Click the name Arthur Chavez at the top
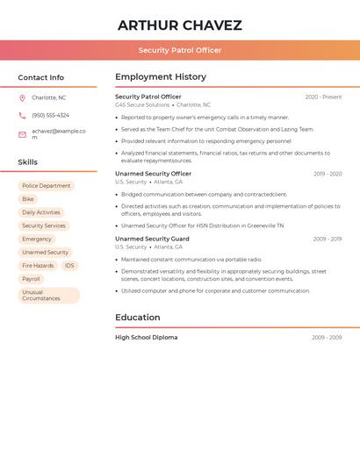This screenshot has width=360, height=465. [x=179, y=25]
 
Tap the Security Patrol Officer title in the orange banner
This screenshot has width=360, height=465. [x=179, y=50]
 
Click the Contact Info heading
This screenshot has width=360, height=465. [x=40, y=77]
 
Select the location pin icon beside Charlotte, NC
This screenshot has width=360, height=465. [x=22, y=98]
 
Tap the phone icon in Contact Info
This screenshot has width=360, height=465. [x=22, y=115]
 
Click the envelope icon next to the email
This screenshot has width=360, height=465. [x=22, y=134]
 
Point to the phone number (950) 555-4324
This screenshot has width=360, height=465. [x=50, y=115]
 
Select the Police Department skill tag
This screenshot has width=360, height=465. [x=46, y=186]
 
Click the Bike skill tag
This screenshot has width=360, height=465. [x=28, y=199]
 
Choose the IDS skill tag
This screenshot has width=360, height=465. [x=69, y=265]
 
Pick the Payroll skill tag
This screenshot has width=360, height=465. [x=31, y=279]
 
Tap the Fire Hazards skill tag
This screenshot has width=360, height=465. [x=38, y=265]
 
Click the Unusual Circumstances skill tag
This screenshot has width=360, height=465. [x=48, y=296]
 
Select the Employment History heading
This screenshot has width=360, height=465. [x=161, y=77]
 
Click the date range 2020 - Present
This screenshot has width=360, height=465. [x=323, y=97]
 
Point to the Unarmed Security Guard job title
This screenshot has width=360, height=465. [x=152, y=239]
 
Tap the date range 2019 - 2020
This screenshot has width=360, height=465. [x=328, y=174]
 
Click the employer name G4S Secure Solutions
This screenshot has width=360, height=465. [x=142, y=105]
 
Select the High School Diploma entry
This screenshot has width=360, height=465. [x=146, y=338]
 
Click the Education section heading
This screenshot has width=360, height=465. [x=138, y=318]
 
